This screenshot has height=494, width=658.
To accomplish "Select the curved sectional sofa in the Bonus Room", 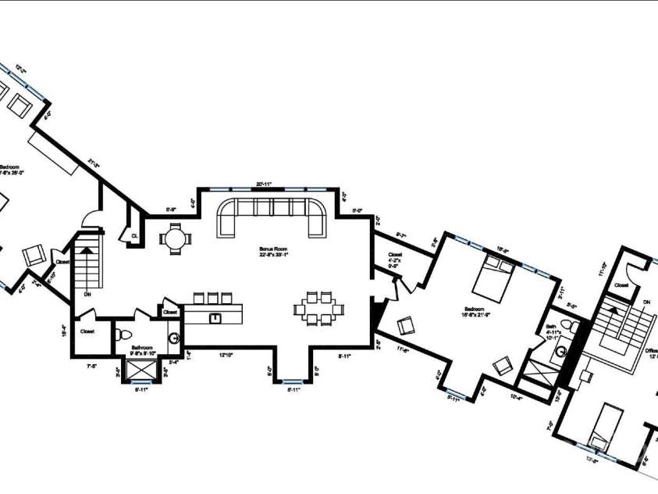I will click(x=272, y=215).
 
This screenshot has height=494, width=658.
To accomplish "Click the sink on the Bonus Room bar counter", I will click(x=215, y=317).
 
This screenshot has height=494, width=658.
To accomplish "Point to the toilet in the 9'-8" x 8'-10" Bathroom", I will click(x=121, y=335).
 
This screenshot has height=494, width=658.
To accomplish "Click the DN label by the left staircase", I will click(x=87, y=295).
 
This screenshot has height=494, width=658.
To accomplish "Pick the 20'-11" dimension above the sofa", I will click(x=264, y=184).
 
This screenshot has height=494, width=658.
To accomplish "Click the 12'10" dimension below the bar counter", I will click(x=226, y=356).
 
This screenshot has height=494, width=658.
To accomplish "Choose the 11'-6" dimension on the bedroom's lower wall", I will click(x=404, y=349).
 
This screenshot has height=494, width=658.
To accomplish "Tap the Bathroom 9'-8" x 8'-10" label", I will click(x=142, y=350).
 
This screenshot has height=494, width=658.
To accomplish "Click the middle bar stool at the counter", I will click(x=211, y=297).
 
